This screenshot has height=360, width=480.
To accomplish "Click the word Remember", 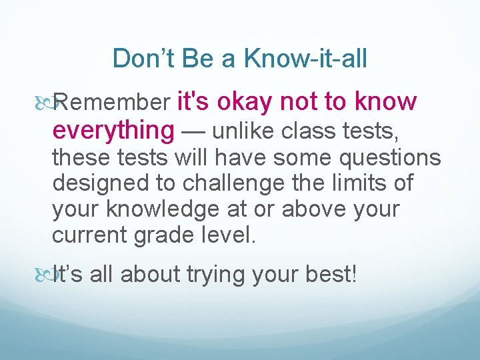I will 118,103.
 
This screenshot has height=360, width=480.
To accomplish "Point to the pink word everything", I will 113,130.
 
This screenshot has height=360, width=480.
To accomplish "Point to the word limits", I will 355,183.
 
